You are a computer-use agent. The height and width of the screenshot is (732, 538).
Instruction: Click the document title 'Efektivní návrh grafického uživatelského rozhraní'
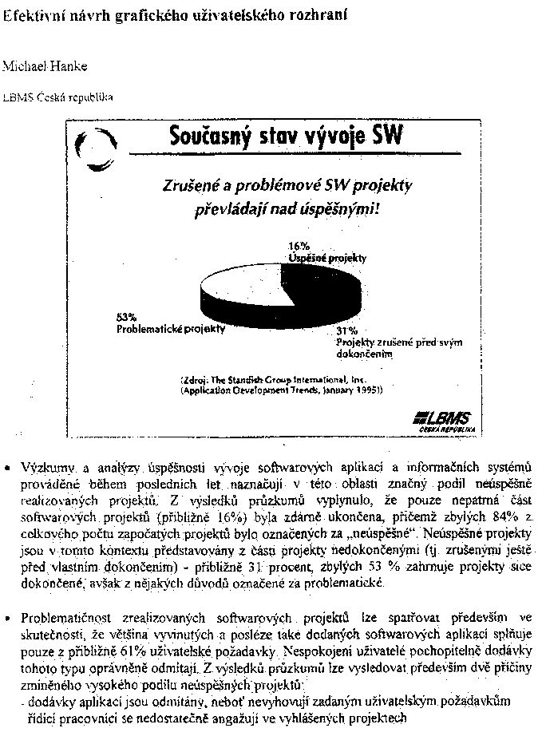pos(154,15)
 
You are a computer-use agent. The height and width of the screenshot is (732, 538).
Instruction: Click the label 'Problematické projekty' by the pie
pos(170,328)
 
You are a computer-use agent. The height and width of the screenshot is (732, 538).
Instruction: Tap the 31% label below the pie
pos(345,330)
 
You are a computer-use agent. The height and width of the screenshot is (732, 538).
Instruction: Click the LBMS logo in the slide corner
pos(443,420)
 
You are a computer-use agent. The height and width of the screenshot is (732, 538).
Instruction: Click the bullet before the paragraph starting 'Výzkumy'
pos(8,466)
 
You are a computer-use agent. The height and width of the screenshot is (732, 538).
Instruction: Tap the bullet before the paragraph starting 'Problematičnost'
pos(8,618)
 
